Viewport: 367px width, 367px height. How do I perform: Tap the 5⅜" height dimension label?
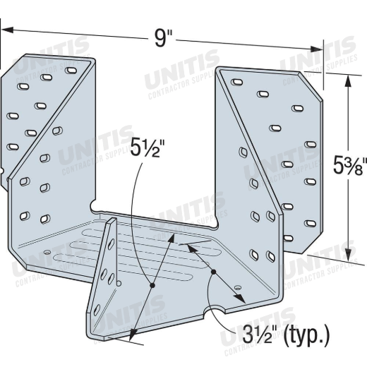point(350,166)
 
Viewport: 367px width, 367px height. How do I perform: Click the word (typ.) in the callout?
point(306,336)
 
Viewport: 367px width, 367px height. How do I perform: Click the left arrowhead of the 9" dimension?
point(7,30)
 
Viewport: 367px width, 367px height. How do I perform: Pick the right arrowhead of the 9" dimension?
point(316,49)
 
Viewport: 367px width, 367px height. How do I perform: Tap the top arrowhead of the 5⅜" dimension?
point(348,81)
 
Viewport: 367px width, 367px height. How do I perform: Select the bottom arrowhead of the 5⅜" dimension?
point(349,252)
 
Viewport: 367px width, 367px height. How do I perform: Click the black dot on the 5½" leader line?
point(152,285)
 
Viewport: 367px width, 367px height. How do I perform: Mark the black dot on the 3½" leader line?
point(213,272)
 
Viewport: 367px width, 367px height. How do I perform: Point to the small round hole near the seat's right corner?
point(239,287)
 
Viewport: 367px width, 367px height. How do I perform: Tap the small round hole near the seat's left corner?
point(47,253)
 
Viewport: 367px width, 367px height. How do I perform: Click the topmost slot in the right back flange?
point(237,82)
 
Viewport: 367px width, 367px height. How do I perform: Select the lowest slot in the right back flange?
point(288,239)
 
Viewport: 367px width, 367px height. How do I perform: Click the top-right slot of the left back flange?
point(71,70)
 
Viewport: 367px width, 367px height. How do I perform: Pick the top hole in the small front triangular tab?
point(111,244)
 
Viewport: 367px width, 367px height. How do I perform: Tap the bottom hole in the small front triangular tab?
point(97,310)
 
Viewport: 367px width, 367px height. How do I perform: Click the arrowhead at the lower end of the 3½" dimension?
point(241,299)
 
